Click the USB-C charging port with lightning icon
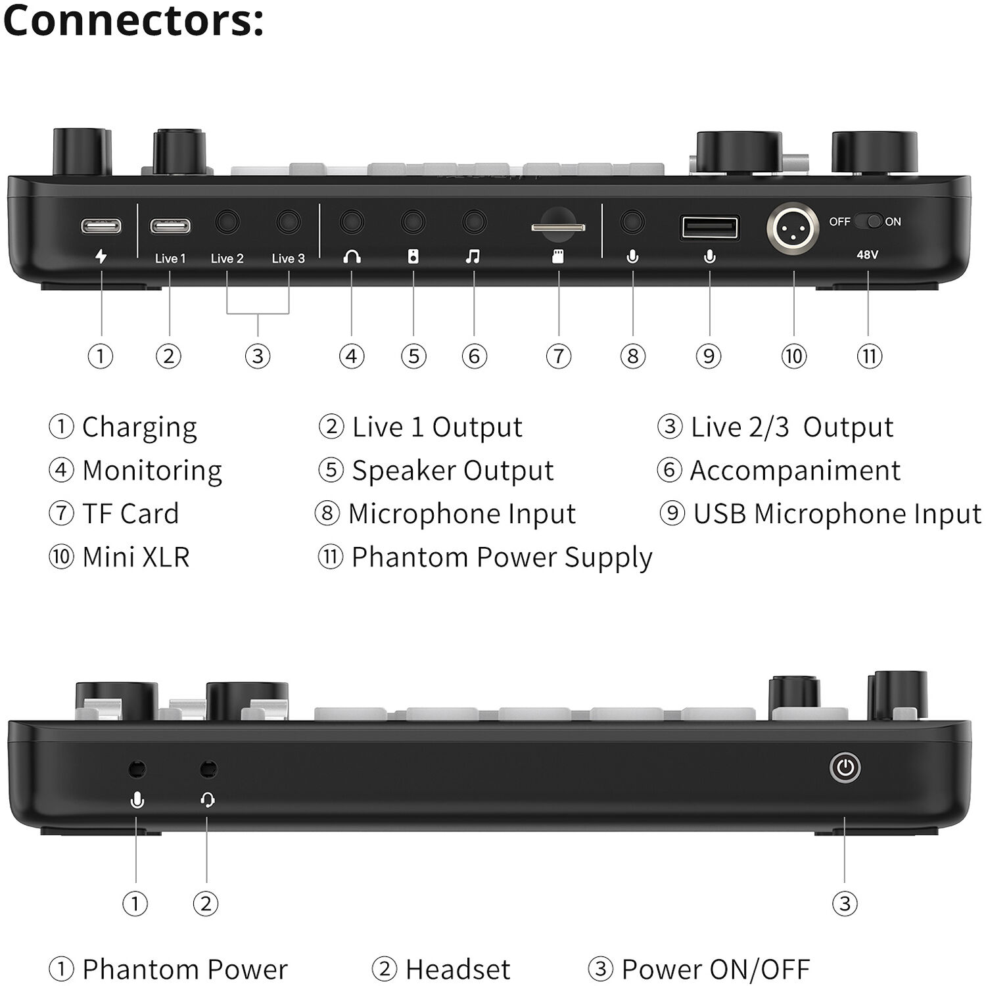coord(101,226)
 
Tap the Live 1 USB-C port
coord(170,226)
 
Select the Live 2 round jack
coord(227,222)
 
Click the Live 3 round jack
coord(289,222)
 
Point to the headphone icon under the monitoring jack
coord(352,257)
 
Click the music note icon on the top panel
coord(473,257)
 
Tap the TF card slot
coord(558,227)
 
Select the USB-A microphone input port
coord(709,228)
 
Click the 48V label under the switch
coord(867,254)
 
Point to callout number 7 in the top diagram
coord(559,356)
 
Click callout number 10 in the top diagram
coord(793,356)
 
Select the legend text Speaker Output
coord(452,471)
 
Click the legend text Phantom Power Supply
coord(502,557)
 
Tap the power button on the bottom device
coord(845,768)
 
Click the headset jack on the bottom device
coord(208,768)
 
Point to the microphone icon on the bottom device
coord(137,800)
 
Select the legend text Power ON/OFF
coord(715,970)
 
